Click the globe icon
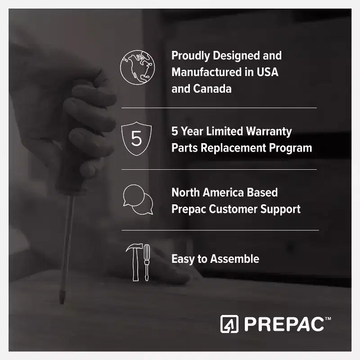(x=137, y=67)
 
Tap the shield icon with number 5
(x=136, y=139)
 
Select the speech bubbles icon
(x=138, y=199)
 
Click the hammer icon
(x=135, y=262)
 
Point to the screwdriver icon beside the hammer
(x=147, y=262)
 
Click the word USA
(x=267, y=72)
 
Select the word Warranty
(x=269, y=132)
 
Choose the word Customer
(x=233, y=209)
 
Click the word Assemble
(x=234, y=259)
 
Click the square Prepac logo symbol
(x=229, y=324)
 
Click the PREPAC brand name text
(x=284, y=324)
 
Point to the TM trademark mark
(x=328, y=319)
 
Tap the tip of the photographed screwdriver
(x=62, y=303)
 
